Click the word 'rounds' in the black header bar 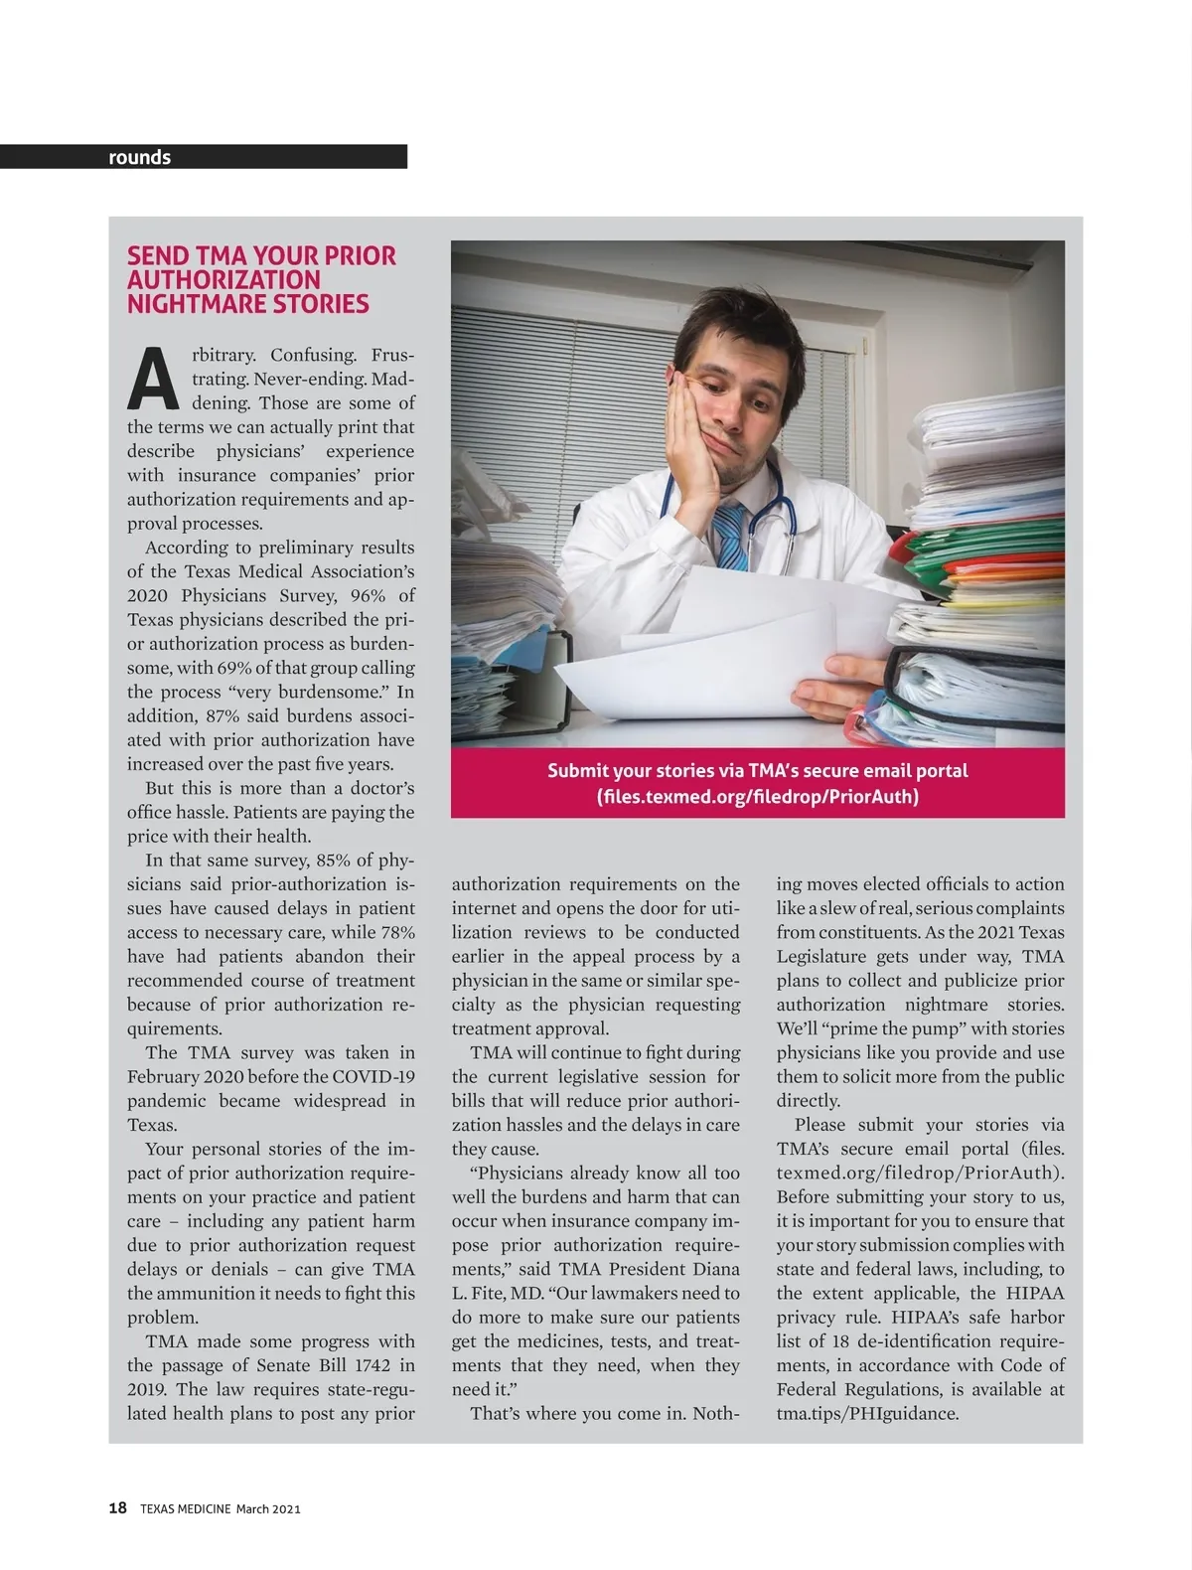pos(139,157)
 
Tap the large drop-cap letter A pos(154,379)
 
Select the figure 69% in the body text pos(235,668)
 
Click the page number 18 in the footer pos(117,1508)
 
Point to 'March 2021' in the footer pos(268,1509)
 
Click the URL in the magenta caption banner pos(757,797)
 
